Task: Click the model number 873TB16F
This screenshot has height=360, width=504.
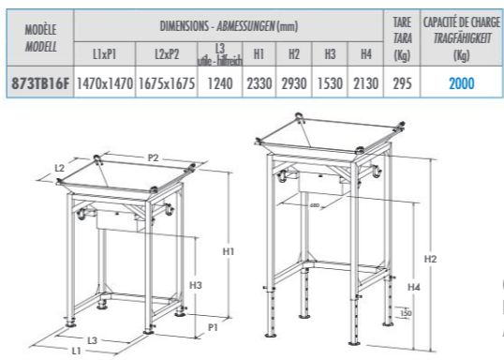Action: point(38,82)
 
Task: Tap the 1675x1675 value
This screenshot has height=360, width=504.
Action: point(165,82)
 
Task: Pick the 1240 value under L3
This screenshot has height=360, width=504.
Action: point(220,82)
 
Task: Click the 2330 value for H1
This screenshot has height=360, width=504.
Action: point(259,82)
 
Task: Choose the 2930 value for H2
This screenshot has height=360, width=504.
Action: point(294,82)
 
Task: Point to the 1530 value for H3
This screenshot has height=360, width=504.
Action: point(330,82)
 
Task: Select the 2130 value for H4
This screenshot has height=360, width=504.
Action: point(365,82)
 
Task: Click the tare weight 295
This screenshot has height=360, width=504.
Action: point(402,82)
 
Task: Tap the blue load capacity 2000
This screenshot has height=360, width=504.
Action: point(460,82)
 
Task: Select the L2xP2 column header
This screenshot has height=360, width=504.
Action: point(165,56)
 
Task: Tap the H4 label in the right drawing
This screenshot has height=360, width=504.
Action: point(413,286)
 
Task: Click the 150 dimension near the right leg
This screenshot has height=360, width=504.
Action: point(407,313)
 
